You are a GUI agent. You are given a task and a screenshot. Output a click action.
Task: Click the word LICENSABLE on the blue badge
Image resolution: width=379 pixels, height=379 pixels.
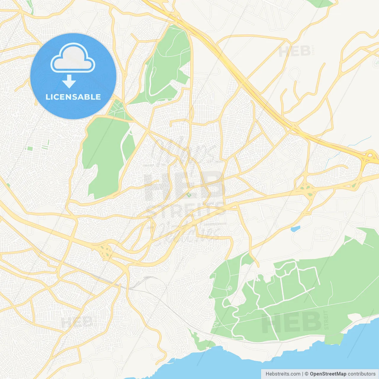pyautogui.click(x=73, y=97)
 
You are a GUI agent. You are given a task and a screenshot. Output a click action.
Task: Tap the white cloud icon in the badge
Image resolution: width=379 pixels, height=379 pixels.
pyautogui.click(x=73, y=58)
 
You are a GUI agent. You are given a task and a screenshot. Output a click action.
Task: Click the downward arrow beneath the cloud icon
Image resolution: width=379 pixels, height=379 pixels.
pyautogui.click(x=69, y=81)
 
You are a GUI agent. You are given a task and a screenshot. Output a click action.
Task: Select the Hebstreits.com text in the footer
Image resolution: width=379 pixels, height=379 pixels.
pyautogui.click(x=283, y=374)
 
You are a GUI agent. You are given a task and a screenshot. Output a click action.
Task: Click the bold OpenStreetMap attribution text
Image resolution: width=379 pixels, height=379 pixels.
pyautogui.click(x=328, y=374)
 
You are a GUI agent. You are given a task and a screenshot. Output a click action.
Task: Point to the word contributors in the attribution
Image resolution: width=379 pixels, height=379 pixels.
pyautogui.click(x=362, y=374)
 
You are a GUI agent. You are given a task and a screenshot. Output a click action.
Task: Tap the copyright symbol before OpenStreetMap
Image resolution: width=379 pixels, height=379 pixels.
pyautogui.click(x=306, y=374)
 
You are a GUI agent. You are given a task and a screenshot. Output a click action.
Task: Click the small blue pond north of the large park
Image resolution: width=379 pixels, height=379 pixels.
pyautogui.click(x=295, y=229)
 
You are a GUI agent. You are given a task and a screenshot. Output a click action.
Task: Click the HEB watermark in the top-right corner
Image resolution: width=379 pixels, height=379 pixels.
pyautogui.click(x=295, y=52)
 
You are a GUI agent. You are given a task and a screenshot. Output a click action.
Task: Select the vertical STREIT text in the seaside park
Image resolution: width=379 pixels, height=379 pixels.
pyautogui.click(x=326, y=320)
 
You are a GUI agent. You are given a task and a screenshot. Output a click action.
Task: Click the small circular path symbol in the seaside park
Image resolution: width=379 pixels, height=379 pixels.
pyautogui.click(x=229, y=288)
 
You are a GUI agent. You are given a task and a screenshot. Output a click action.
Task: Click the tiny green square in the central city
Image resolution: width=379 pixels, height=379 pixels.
pyautogui.click(x=189, y=195)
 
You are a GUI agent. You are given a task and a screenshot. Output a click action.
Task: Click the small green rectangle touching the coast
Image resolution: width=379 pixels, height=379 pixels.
pyautogui.click(x=334, y=339)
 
